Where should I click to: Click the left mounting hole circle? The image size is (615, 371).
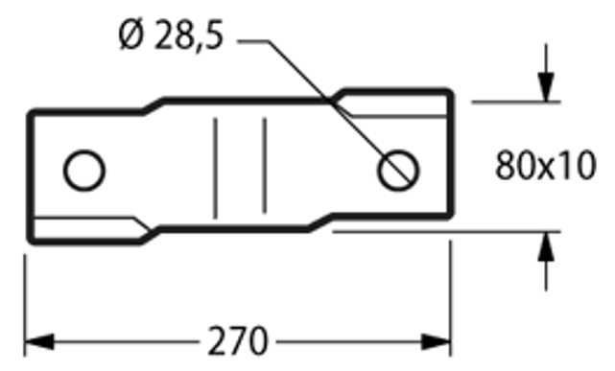point(84,172)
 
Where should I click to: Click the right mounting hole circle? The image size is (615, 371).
point(398,172)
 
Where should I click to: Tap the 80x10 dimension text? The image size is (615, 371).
point(546,169)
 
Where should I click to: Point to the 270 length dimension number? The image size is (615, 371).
point(237,341)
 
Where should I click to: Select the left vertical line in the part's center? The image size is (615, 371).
point(216,165)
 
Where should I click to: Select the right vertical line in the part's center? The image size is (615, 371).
point(265,165)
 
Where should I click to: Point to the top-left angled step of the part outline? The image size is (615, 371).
point(154,104)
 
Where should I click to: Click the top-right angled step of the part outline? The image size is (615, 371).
point(336,95)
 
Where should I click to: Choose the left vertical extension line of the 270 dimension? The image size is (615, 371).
point(25,297)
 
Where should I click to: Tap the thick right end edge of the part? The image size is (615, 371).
point(449,158)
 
